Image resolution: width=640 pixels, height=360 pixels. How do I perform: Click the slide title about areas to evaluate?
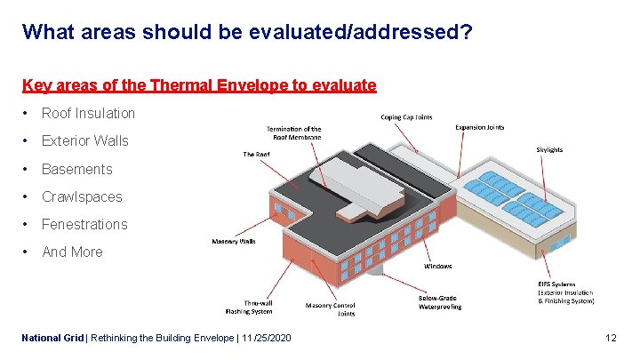[x=247, y=33]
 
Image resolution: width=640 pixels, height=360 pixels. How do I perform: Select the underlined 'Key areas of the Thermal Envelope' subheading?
[x=199, y=85]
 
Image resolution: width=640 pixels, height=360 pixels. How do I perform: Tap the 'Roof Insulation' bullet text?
[x=88, y=113]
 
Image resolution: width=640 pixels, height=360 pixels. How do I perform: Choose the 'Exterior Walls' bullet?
[x=84, y=140]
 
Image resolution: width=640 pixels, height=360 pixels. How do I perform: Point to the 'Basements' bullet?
[x=77, y=169]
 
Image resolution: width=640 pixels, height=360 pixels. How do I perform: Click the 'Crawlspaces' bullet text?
[x=82, y=196]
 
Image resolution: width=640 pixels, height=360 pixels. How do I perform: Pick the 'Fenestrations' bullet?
[x=84, y=224]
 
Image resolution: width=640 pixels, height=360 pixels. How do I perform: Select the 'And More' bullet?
[x=72, y=252]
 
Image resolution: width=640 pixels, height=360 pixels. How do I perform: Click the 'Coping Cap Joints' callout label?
[x=406, y=116]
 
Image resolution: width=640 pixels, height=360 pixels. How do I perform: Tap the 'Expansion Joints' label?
[x=479, y=127]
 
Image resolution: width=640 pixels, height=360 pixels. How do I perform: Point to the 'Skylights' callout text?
[x=549, y=149]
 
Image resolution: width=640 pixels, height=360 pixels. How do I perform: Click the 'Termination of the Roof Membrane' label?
[x=293, y=133]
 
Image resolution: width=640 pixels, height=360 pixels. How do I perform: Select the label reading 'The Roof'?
[x=256, y=154]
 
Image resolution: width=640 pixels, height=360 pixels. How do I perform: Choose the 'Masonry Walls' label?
[x=234, y=241]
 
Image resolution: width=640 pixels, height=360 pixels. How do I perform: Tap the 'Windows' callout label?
[x=437, y=266]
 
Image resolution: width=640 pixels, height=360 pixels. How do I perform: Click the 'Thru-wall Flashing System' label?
[x=247, y=307]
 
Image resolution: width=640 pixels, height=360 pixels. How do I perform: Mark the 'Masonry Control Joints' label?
[x=330, y=309]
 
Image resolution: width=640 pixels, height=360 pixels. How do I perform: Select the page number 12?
[x=610, y=338]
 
